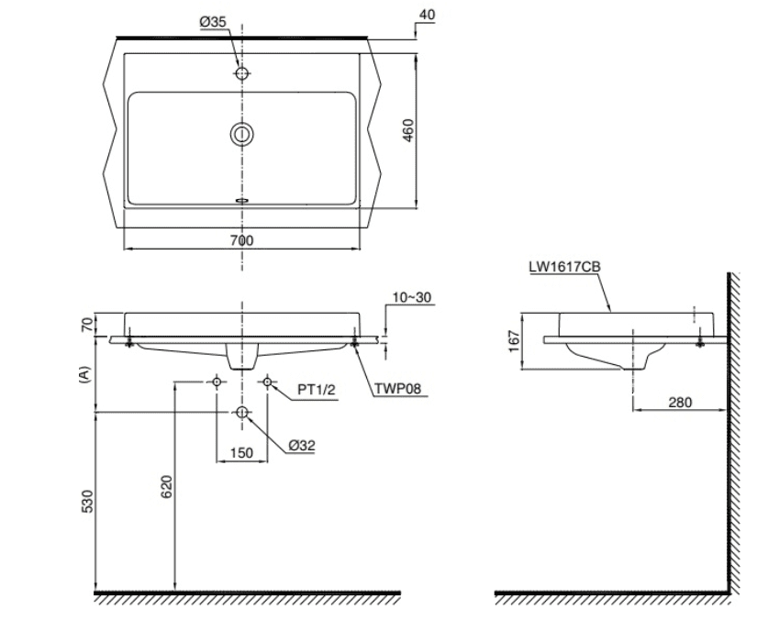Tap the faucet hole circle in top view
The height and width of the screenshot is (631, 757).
click(241, 73)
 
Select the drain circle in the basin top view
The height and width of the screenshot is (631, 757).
click(241, 135)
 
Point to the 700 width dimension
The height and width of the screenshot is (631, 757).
click(241, 239)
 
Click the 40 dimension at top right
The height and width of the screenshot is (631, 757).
click(427, 15)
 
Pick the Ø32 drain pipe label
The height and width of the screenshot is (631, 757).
click(302, 445)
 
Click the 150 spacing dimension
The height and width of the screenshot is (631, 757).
click(241, 452)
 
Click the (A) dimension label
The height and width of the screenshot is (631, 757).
click(85, 375)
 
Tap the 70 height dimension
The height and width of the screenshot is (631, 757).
click(86, 325)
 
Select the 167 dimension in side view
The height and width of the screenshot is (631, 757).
click(514, 340)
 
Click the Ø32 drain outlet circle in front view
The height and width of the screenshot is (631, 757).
click(241, 413)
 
